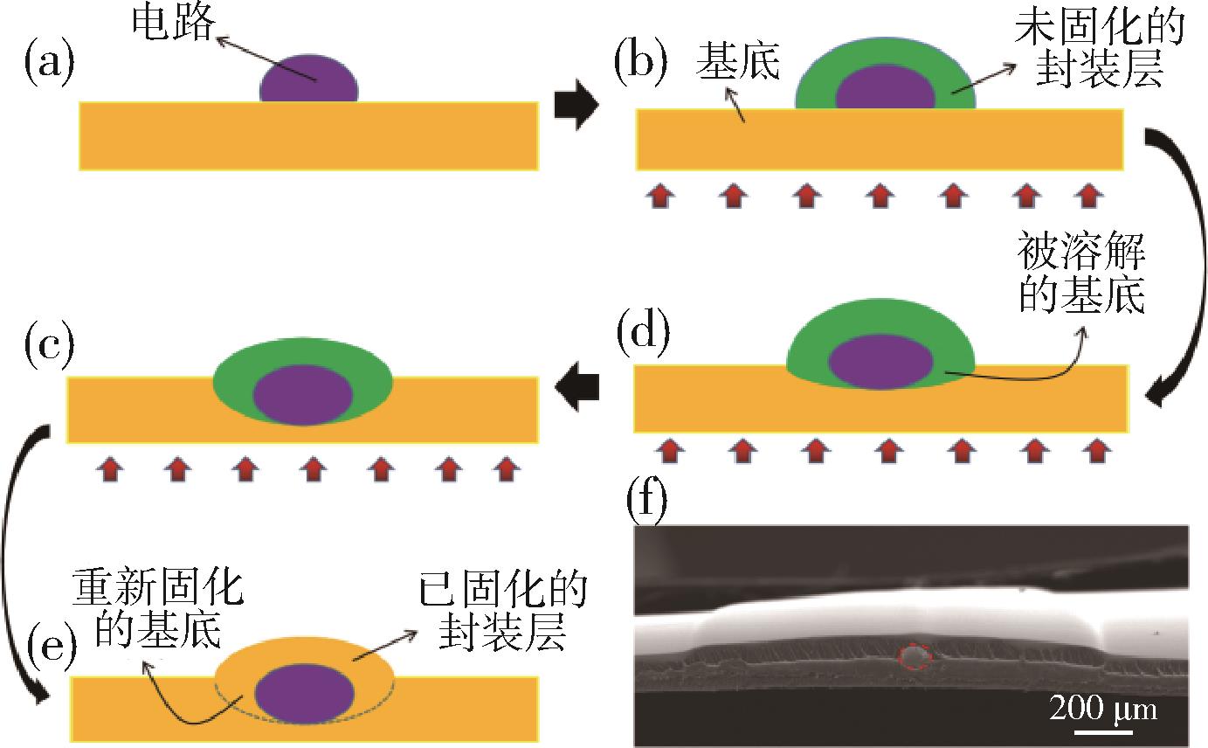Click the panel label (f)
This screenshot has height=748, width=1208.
pos(647,502)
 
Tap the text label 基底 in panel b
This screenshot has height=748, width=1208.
pos(737,65)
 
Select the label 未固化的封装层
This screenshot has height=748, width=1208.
pos(1100,52)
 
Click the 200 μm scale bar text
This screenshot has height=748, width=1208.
pos(1102,708)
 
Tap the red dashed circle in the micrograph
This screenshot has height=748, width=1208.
pos(914,656)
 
